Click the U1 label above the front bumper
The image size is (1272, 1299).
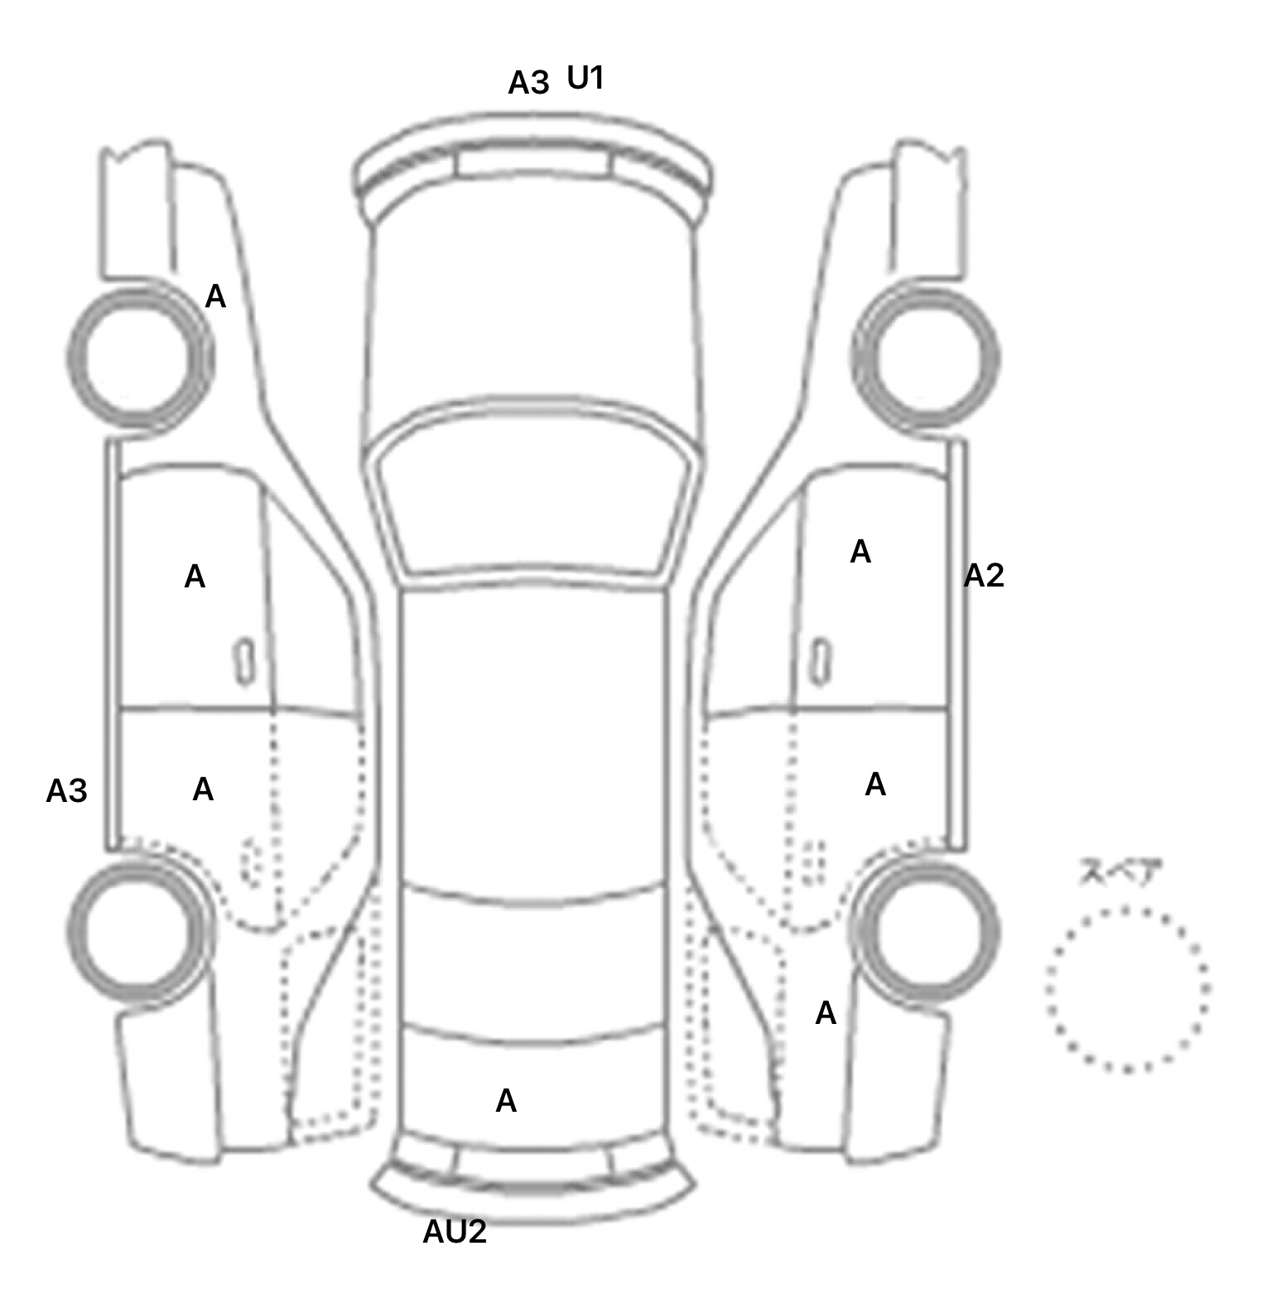tap(585, 78)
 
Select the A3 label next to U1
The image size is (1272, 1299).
tap(528, 83)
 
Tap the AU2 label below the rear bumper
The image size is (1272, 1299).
tap(455, 1232)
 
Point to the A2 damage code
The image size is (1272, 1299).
tap(984, 575)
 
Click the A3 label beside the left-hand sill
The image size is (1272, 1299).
tap(66, 791)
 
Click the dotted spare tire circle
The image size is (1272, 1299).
tap(1127, 989)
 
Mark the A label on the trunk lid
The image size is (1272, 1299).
tap(506, 1100)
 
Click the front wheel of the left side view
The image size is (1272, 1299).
tap(139, 356)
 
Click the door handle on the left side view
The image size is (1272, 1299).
tap(244, 661)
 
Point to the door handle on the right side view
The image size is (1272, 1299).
tap(821, 661)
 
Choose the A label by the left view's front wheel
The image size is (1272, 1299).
tap(215, 296)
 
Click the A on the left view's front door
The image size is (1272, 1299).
tap(195, 577)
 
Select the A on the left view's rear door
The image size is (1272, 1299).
tap(203, 790)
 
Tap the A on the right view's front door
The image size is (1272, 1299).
tap(860, 552)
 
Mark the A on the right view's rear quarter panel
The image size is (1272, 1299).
tap(826, 1013)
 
